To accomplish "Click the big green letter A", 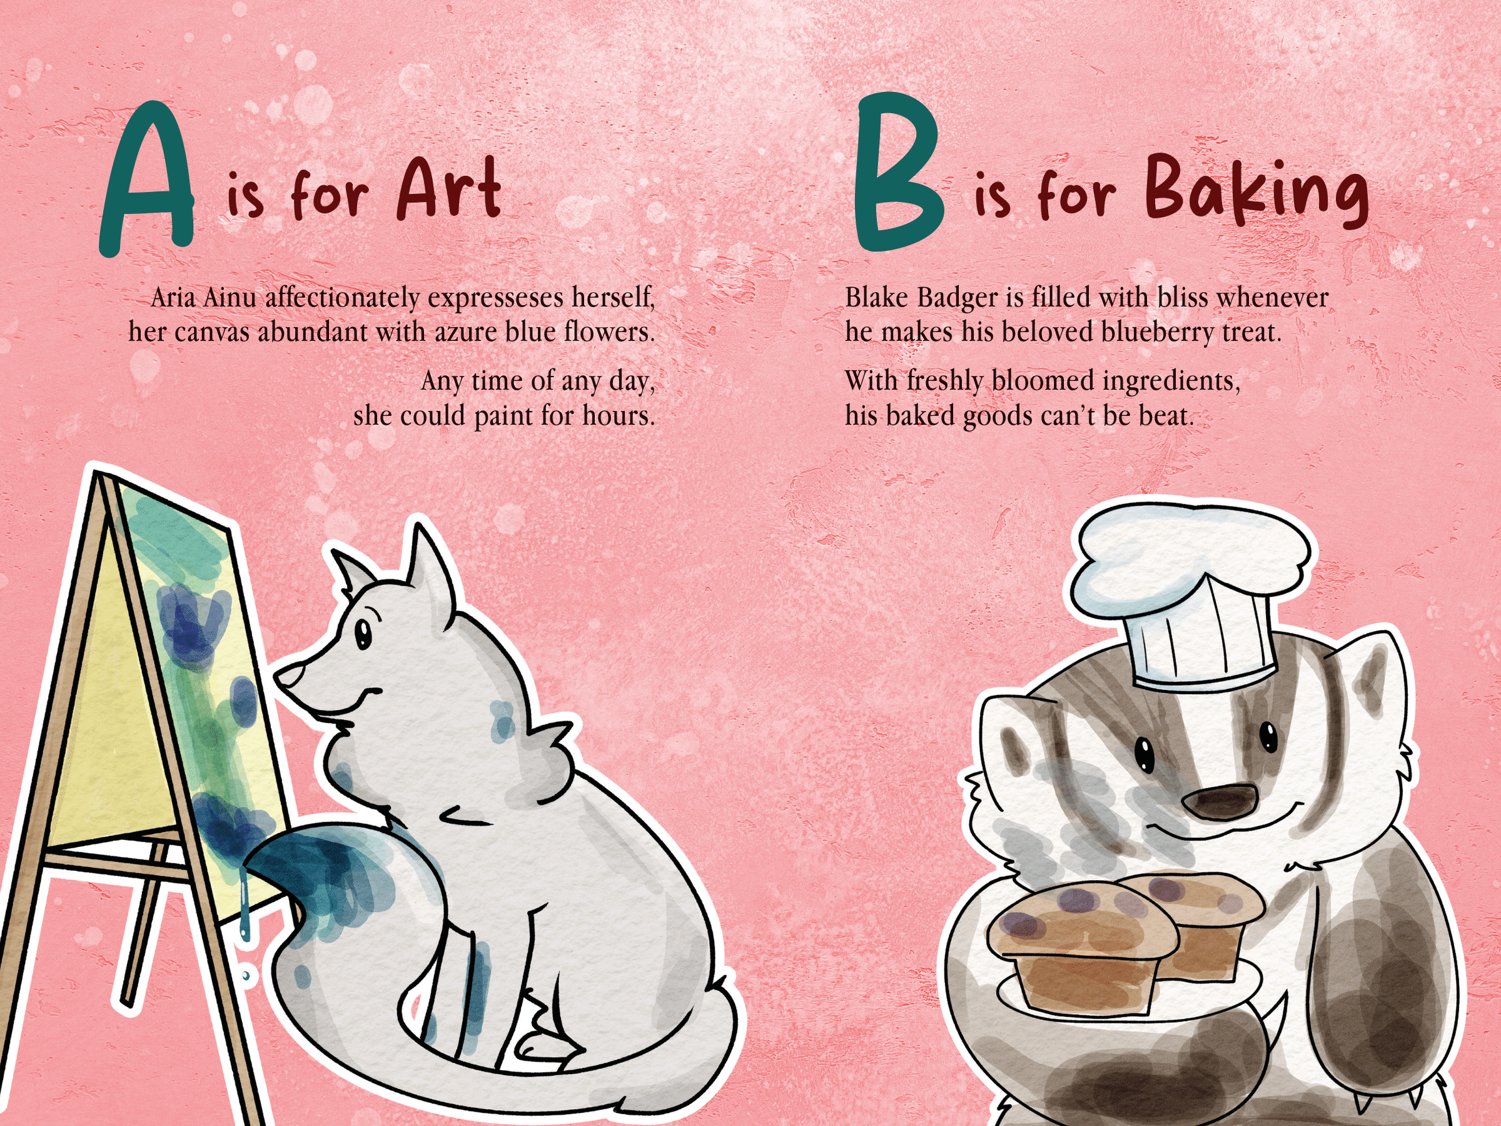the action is (x=148, y=180).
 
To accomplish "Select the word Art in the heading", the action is (x=449, y=189).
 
